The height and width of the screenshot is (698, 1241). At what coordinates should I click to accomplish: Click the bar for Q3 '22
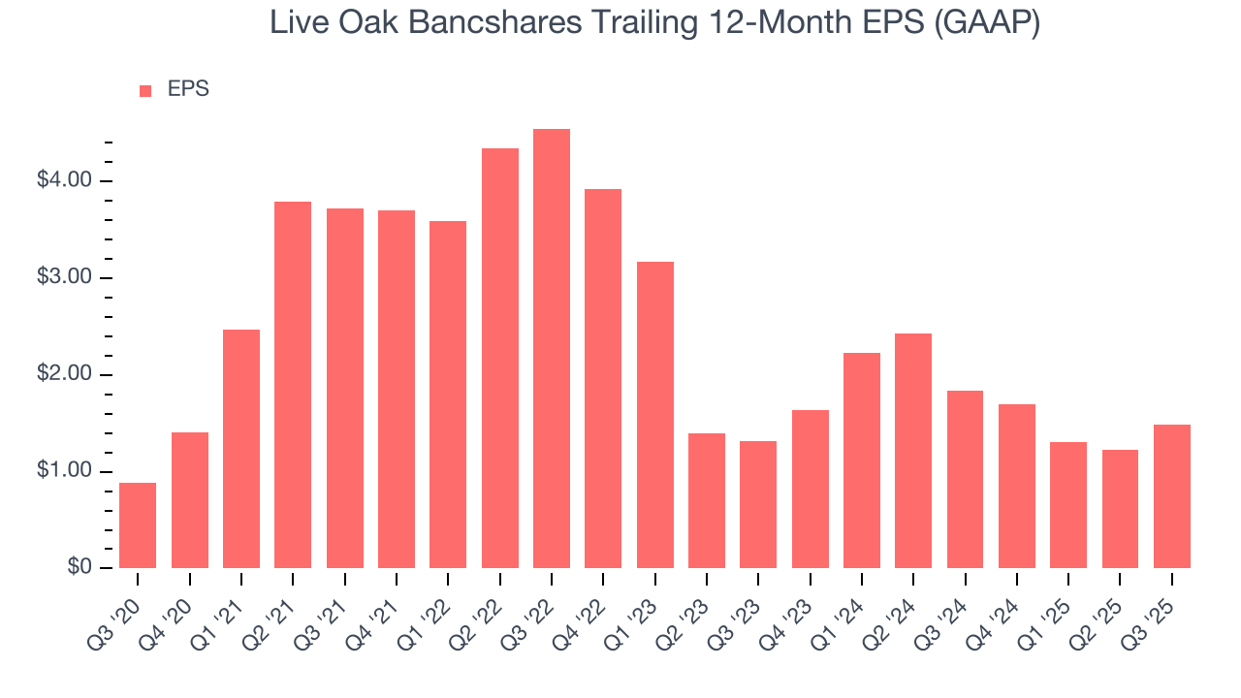click(552, 349)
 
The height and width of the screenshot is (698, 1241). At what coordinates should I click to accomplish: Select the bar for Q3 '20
click(138, 525)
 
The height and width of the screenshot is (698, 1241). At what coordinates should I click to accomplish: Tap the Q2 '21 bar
click(293, 385)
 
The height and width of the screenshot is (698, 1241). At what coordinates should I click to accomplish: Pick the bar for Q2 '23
click(707, 500)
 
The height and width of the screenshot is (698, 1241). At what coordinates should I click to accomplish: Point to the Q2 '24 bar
click(913, 451)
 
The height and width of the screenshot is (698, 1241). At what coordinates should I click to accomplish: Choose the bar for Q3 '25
click(1172, 496)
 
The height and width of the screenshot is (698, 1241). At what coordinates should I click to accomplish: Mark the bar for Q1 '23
click(655, 415)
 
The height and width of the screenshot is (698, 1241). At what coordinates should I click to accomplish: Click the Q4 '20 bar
click(190, 500)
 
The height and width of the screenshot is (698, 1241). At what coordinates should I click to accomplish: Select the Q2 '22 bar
click(500, 359)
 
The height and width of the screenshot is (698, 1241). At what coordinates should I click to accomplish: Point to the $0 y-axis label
click(80, 568)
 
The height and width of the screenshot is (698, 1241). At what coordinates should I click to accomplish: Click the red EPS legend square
click(145, 90)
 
